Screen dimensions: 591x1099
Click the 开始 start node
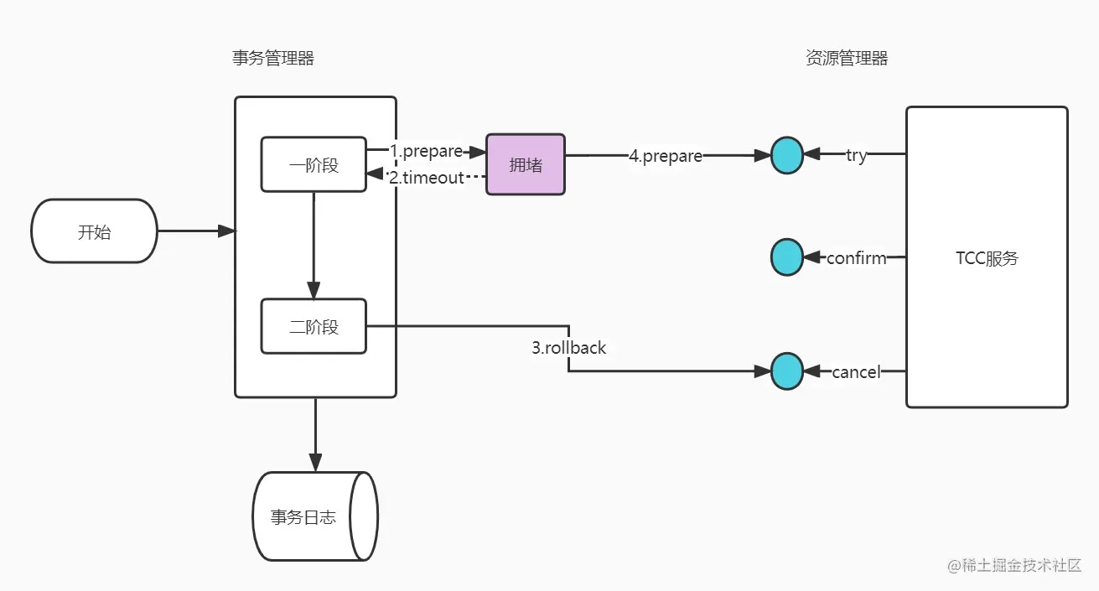point(94,231)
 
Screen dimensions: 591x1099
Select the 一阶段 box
point(314,164)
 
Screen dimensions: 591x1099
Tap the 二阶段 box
point(314,326)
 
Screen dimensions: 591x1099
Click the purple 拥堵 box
point(526,164)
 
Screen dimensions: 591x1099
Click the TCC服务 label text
point(987,258)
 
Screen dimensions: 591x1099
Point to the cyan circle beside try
point(787,155)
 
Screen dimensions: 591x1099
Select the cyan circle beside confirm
point(787,257)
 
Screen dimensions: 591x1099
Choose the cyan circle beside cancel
point(787,371)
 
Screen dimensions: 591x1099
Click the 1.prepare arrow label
point(426,151)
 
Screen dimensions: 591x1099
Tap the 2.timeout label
point(426,177)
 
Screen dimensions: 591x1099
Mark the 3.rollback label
point(568,347)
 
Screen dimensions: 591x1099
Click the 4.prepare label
point(666,155)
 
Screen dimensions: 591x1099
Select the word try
point(856,155)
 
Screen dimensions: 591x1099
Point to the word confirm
point(856,258)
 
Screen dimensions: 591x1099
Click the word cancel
point(856,371)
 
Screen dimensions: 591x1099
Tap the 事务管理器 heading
point(273,58)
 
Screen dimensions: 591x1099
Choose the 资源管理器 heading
point(846,58)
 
